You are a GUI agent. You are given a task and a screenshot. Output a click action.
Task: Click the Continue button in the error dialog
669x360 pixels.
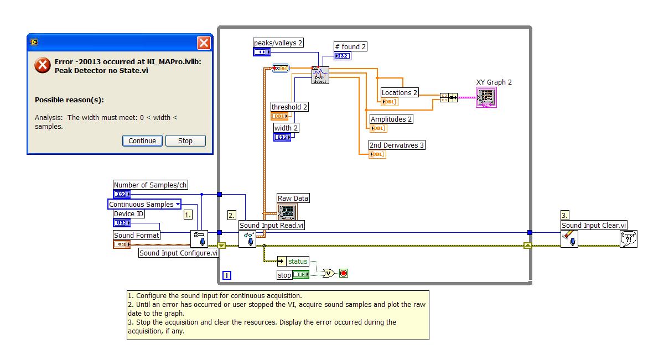click(142, 140)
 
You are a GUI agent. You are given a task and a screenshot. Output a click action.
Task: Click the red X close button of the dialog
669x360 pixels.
click(204, 43)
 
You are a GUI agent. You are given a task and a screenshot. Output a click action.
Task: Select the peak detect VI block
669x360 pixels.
click(320, 75)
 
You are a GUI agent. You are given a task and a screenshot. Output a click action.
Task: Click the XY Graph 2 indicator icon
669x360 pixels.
click(486, 97)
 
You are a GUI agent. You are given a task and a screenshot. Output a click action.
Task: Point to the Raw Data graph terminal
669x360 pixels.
click(287, 212)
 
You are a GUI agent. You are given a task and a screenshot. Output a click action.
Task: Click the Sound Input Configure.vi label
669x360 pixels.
click(179, 253)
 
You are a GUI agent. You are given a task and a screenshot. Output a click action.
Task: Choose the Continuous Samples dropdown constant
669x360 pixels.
click(144, 205)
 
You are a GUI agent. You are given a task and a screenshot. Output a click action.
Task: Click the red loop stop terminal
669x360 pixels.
click(344, 273)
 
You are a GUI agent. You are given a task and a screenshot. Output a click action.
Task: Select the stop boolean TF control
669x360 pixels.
click(300, 274)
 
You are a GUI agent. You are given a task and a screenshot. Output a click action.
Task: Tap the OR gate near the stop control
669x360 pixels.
click(328, 273)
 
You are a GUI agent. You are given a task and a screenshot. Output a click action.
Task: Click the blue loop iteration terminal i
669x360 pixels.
click(227, 275)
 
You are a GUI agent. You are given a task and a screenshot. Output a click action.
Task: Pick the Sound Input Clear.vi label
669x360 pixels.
click(594, 225)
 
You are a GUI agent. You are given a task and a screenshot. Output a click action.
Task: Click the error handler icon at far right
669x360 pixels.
click(629, 239)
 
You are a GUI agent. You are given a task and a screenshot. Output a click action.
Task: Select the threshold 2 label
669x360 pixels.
click(289, 107)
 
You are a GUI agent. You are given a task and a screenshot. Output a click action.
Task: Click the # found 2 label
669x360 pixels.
click(351, 47)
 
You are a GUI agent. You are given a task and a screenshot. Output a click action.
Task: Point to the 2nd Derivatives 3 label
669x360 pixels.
click(397, 145)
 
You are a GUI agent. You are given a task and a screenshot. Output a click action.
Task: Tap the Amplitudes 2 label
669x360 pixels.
click(391, 119)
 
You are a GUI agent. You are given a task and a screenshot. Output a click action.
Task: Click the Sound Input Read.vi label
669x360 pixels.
click(272, 225)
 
